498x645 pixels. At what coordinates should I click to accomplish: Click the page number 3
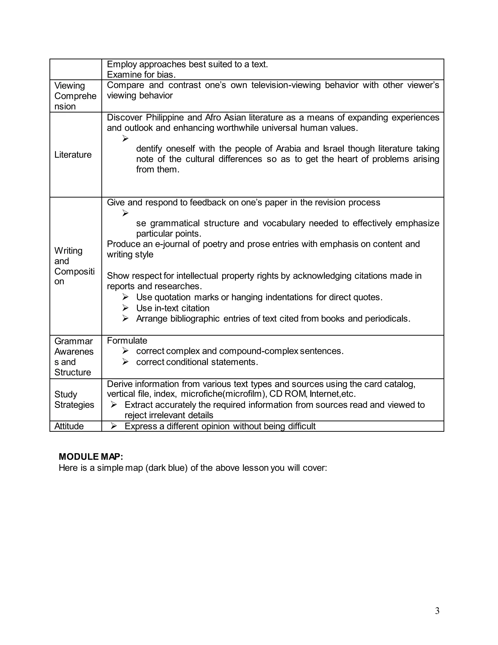[x=437, y=611]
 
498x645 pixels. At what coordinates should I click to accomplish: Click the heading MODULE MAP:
[x=91, y=457]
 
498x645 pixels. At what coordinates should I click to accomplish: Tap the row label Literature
[x=73, y=155]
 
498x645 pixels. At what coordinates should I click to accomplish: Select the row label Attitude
[x=69, y=426]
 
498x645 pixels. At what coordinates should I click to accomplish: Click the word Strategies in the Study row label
[x=74, y=405]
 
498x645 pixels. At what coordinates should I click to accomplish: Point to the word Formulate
[x=127, y=341]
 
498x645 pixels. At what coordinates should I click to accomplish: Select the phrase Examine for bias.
[x=141, y=74]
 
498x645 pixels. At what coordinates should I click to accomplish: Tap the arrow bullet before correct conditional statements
[x=125, y=362]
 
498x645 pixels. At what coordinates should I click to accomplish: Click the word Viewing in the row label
[x=70, y=86]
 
